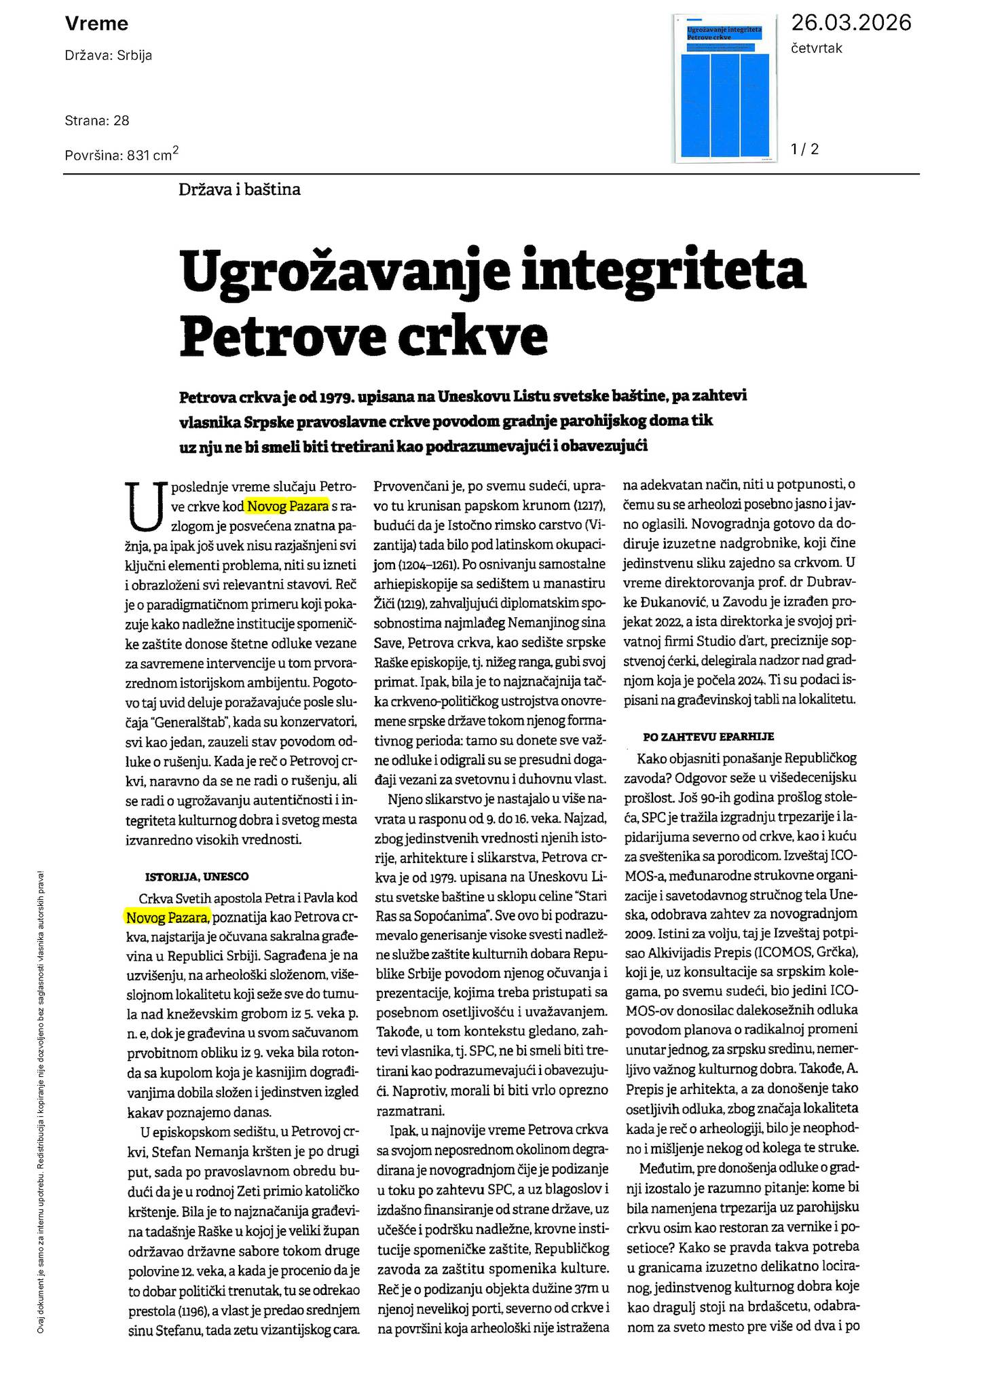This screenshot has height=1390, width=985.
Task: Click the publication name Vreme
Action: [96, 24]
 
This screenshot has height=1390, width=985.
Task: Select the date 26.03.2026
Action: [851, 23]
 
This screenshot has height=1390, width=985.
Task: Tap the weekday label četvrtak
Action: [816, 48]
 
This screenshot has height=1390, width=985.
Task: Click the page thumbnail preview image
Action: [725, 89]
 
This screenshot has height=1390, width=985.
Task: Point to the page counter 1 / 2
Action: [804, 149]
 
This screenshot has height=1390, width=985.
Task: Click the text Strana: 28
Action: [97, 121]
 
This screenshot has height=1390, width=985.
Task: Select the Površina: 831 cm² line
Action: [122, 155]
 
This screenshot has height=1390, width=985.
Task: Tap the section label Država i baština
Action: [239, 189]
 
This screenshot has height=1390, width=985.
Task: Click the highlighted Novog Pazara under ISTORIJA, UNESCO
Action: [168, 917]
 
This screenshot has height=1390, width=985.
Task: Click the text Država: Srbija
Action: [109, 56]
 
